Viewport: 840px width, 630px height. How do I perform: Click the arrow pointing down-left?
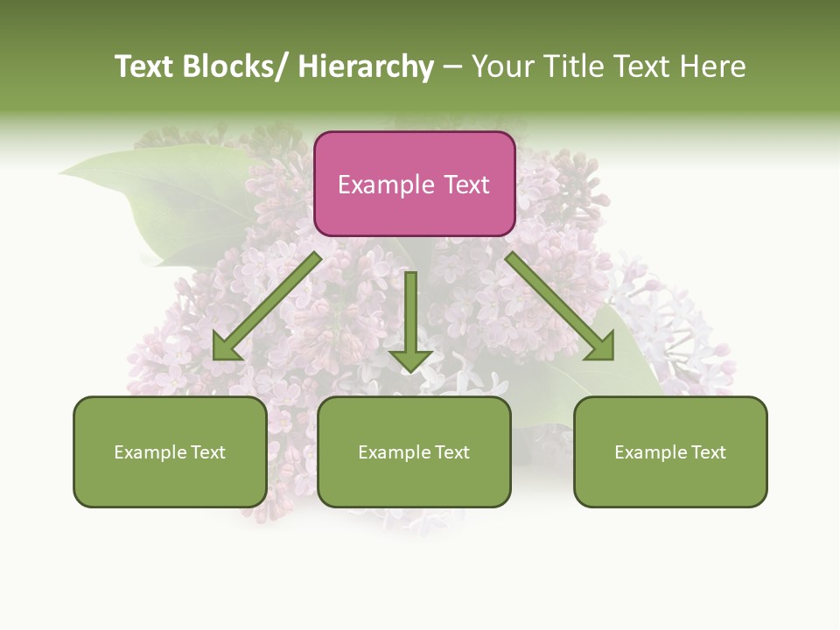click(267, 306)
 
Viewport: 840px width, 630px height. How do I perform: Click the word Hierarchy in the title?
click(366, 66)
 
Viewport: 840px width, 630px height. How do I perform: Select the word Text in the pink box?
click(467, 185)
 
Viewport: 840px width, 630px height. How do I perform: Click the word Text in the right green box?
click(707, 452)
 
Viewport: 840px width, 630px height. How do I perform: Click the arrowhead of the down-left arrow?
click(227, 347)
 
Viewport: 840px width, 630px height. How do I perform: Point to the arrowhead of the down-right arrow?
click(599, 347)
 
